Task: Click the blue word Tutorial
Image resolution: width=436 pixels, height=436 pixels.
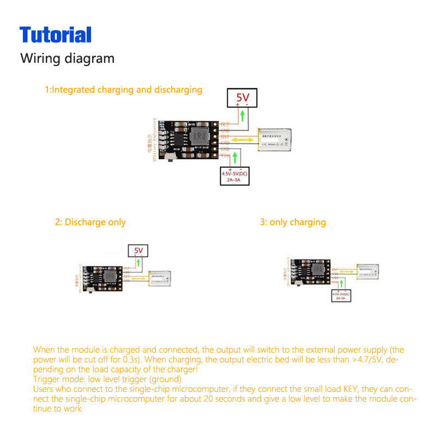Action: click(56, 35)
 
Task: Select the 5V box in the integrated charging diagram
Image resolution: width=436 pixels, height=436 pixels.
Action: click(242, 98)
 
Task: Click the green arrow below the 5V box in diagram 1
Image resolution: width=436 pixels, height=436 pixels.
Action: click(242, 116)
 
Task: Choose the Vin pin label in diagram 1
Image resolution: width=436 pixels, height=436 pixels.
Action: click(225, 155)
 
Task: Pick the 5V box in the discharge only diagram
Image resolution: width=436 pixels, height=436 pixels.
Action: click(138, 251)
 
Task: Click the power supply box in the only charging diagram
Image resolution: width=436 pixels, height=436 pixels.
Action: click(341, 296)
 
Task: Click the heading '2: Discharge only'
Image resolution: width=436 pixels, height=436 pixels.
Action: click(90, 222)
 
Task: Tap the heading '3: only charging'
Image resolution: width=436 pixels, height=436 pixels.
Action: click(293, 222)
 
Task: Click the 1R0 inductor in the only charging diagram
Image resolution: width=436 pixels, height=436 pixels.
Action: click(317, 271)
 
